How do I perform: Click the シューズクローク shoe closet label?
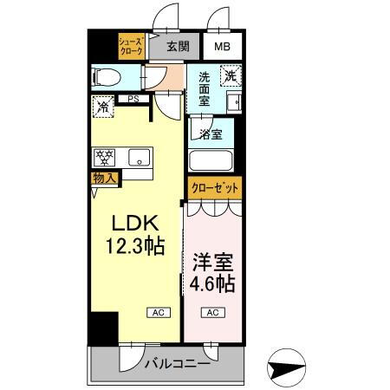(133, 45)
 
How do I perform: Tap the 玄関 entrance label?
(178, 46)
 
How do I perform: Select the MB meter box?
(223, 46)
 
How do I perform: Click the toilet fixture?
(107, 75)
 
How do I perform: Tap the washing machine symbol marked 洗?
(230, 76)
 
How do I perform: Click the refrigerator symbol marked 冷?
(102, 107)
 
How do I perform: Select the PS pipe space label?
(133, 99)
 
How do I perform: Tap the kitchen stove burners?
(105, 158)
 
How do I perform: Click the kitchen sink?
(136, 159)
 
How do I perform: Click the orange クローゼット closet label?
(211, 187)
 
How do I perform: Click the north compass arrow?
(289, 367)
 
